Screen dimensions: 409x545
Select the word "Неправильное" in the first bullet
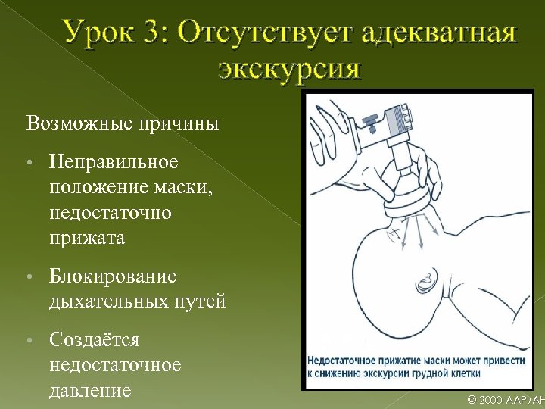pos(114,162)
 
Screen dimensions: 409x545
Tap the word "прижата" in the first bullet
pos(87,238)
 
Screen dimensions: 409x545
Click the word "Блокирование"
pos(113,276)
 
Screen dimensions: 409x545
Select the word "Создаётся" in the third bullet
pos(95,339)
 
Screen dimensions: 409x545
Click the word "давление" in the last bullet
pos(90,390)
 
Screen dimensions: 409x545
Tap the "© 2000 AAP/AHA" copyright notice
pos(506,399)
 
